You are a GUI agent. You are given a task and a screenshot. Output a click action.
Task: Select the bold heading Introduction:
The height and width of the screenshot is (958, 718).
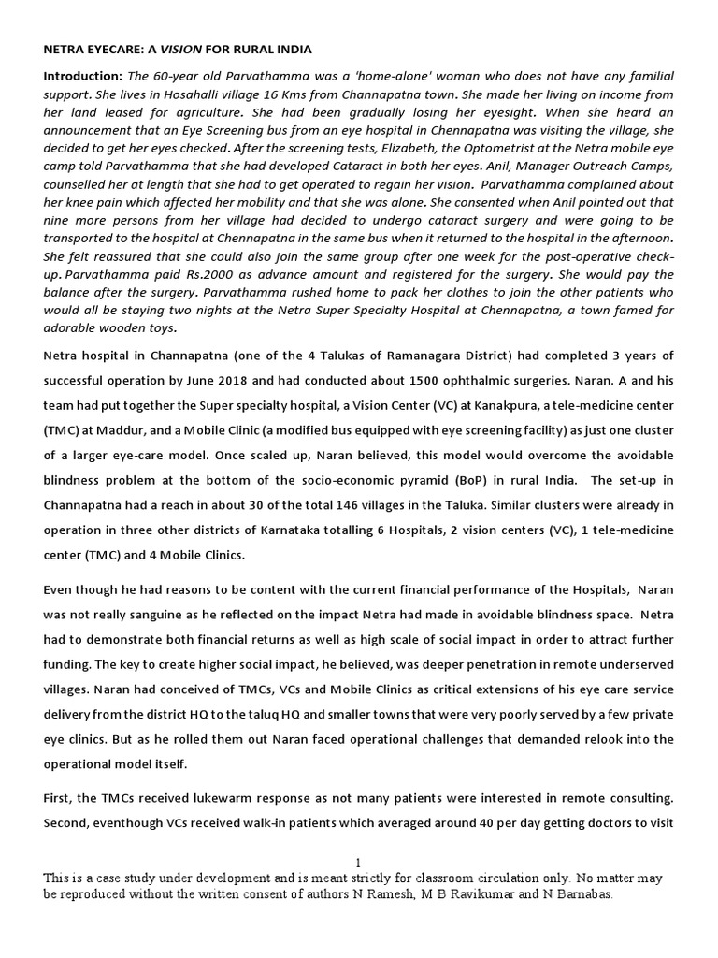pyautogui.click(x=82, y=76)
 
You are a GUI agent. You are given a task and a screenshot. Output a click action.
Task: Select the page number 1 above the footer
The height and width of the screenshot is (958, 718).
pyautogui.click(x=359, y=863)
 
